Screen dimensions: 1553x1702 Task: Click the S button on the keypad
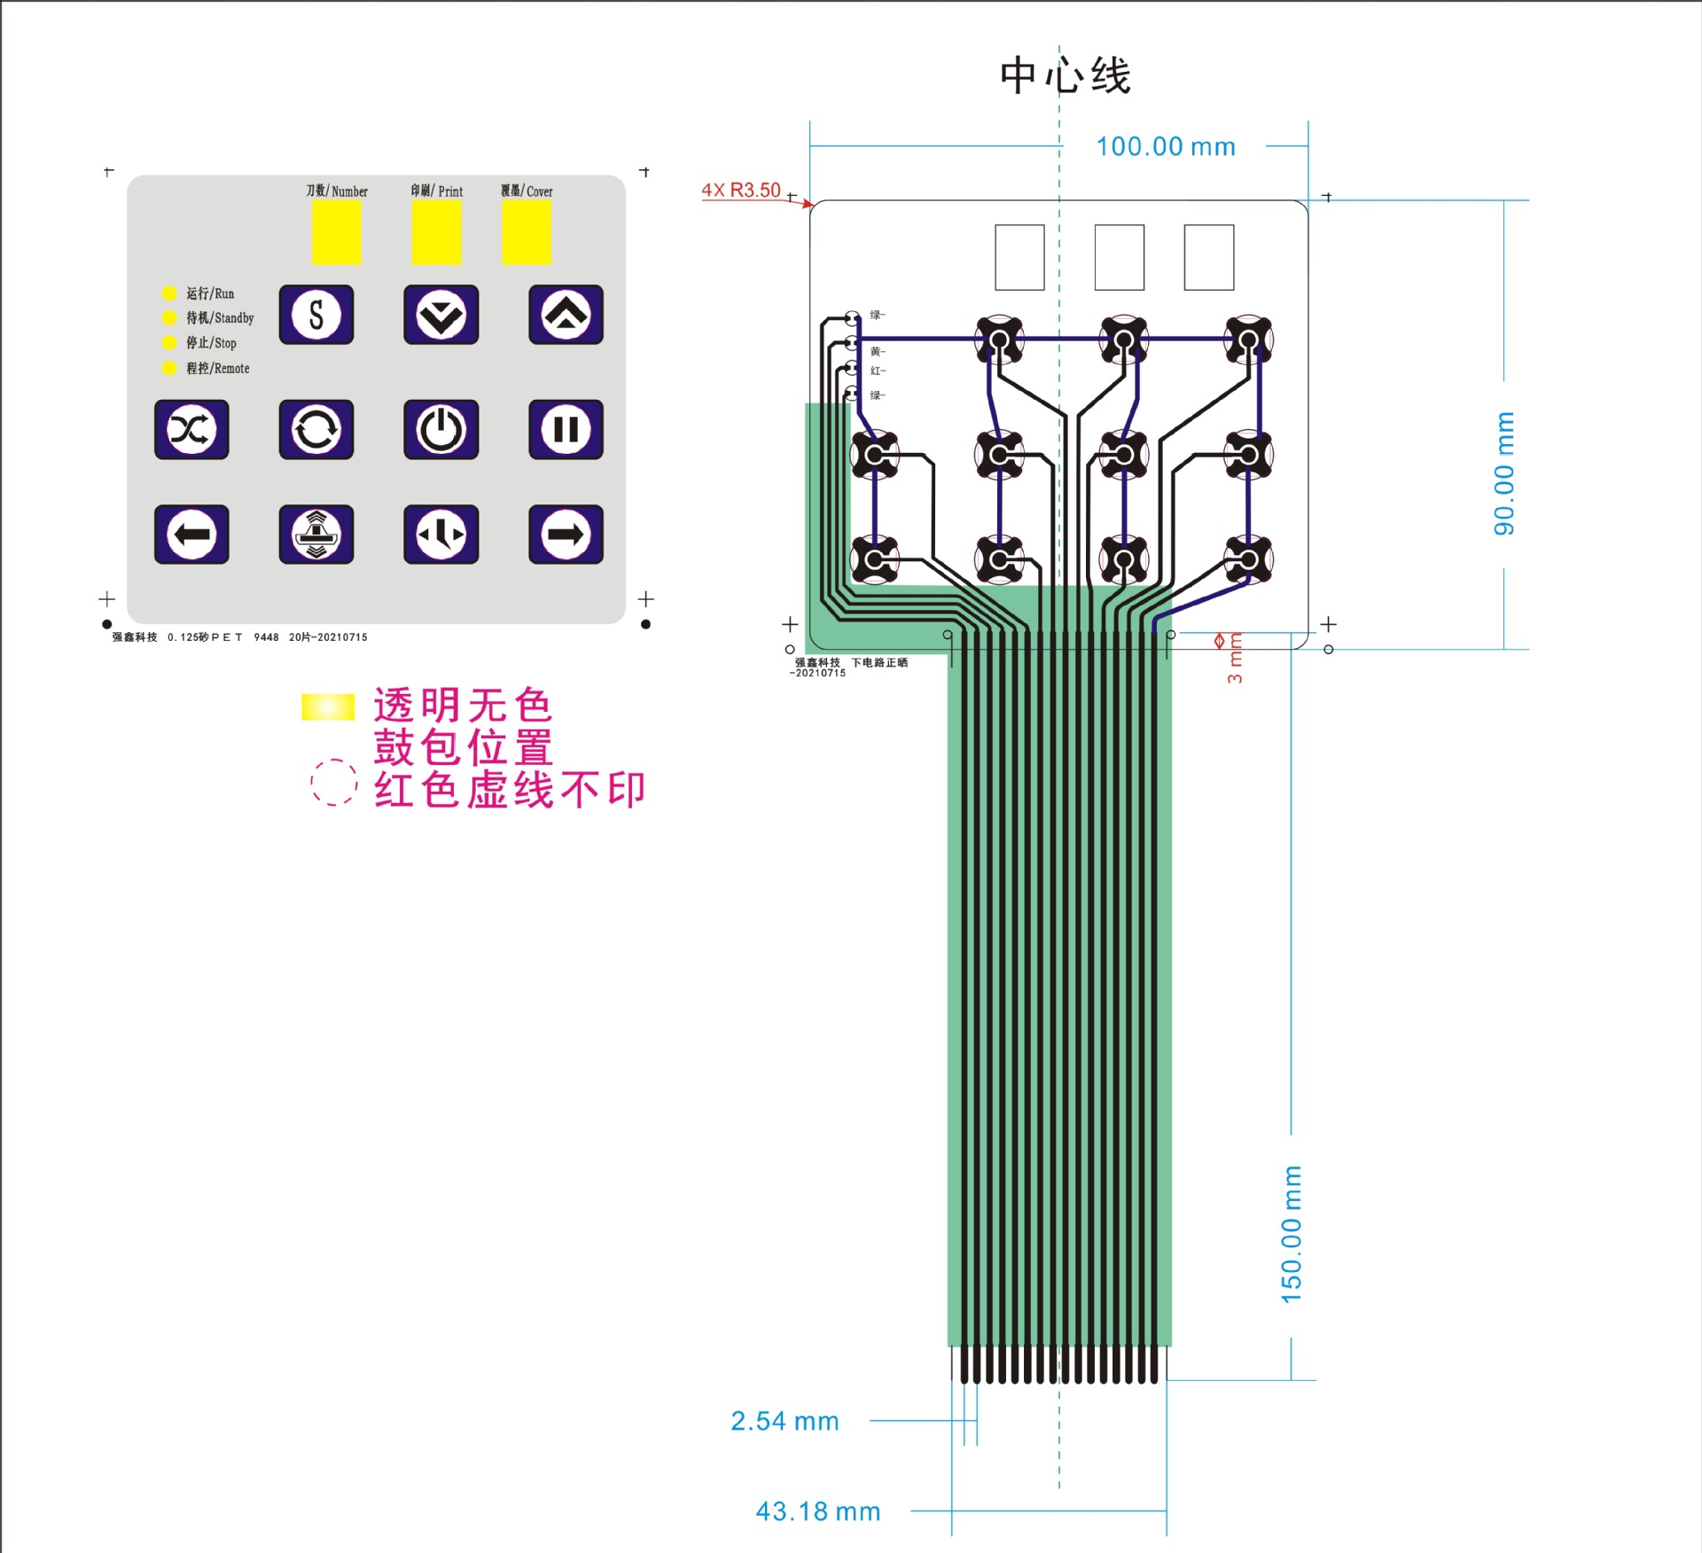click(316, 315)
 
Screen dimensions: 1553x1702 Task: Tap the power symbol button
click(441, 430)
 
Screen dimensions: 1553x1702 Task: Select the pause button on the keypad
click(566, 430)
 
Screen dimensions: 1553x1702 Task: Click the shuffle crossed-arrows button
click(191, 430)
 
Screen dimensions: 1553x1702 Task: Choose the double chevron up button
click(566, 315)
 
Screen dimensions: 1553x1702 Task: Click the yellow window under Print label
click(436, 232)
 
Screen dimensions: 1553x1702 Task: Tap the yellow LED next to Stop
click(169, 343)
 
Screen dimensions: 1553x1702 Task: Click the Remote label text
click(218, 369)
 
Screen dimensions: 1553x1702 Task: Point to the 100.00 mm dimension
click(1165, 147)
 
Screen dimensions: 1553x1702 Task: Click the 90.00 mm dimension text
click(1504, 473)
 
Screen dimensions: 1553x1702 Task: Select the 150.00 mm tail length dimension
click(1292, 1234)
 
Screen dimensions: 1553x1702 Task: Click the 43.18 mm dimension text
click(817, 1511)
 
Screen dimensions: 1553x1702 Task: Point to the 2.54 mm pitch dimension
click(785, 1421)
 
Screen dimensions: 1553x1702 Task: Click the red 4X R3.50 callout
click(741, 190)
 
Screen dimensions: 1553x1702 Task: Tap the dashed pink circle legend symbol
click(333, 782)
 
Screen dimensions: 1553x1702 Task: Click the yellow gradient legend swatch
click(327, 706)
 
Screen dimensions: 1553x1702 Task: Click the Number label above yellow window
click(337, 191)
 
